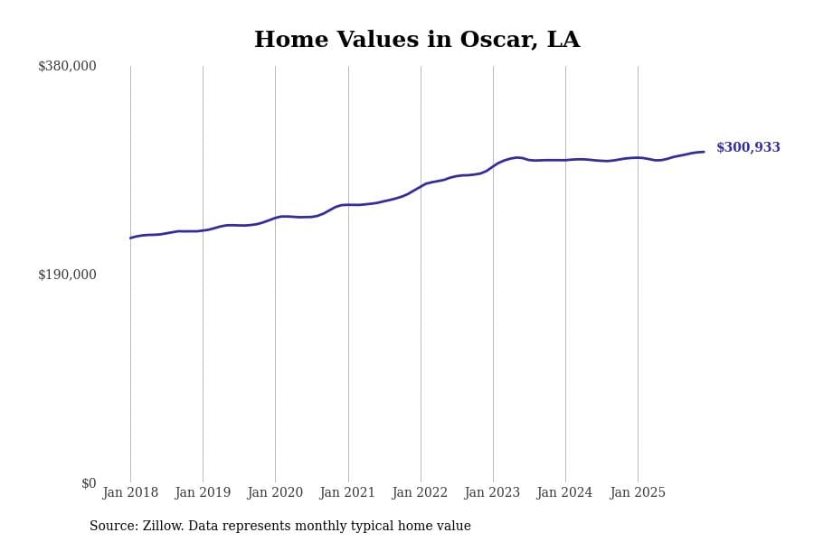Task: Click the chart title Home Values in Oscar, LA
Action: pyautogui.click(x=417, y=41)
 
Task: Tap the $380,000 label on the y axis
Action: pyautogui.click(x=67, y=66)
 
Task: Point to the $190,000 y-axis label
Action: pyautogui.click(x=67, y=275)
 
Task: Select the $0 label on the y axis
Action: pyautogui.click(x=89, y=483)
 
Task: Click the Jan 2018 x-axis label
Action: pyautogui.click(x=130, y=493)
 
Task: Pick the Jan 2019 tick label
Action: pyautogui.click(x=203, y=493)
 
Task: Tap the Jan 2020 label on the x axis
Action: pyautogui.click(x=275, y=493)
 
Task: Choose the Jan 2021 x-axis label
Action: pyautogui.click(x=347, y=493)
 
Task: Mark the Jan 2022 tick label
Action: pyautogui.click(x=420, y=493)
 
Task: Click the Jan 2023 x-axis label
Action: pyautogui.click(x=492, y=493)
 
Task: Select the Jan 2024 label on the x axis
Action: pyautogui.click(x=564, y=493)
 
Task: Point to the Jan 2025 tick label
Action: pyautogui.click(x=638, y=493)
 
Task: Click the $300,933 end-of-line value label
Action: pyautogui.click(x=748, y=148)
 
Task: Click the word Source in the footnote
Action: pyautogui.click(x=113, y=527)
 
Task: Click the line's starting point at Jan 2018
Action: pyautogui.click(x=130, y=238)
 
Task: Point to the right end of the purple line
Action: pyautogui.click(x=704, y=152)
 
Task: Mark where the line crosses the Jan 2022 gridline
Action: pyautogui.click(x=421, y=186)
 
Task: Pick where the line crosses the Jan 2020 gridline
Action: pyautogui.click(x=275, y=218)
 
